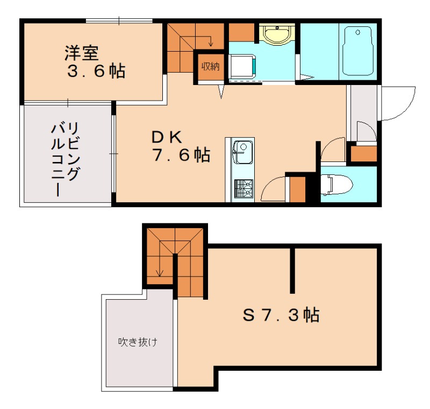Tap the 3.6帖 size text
96,70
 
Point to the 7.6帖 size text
180,156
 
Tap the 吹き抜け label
138,342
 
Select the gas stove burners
243,188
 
